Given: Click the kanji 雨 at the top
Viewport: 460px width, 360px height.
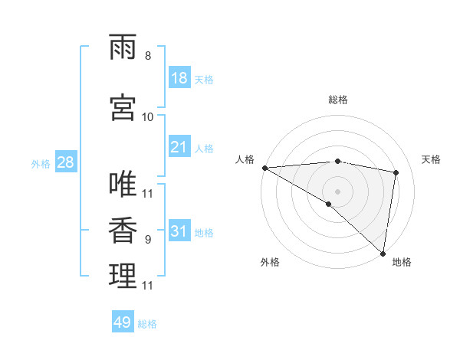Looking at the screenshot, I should [x=123, y=47].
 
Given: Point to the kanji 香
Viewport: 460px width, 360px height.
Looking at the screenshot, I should [x=123, y=230].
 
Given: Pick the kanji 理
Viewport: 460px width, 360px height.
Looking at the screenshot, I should [x=123, y=276].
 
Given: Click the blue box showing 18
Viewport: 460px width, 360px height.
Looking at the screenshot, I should [x=179, y=78].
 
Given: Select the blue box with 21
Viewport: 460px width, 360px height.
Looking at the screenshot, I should [x=179, y=147].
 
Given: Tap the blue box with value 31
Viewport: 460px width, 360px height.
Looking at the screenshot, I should [x=179, y=231].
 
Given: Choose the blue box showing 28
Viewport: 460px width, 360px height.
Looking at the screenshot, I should [x=65, y=162].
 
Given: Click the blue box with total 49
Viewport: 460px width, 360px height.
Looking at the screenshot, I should [x=123, y=322].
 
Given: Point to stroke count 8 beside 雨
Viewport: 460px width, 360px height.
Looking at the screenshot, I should [x=148, y=56].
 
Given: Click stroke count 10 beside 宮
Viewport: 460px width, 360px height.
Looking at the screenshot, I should [x=148, y=116].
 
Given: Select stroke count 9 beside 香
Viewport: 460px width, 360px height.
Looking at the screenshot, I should [x=148, y=239].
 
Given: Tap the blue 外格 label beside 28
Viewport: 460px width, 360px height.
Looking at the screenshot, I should [x=40, y=163].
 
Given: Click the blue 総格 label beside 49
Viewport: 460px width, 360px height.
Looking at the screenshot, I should [x=147, y=323].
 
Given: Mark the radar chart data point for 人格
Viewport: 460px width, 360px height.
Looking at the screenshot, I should [x=264, y=168].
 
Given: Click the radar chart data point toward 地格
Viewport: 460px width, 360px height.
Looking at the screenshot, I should [x=383, y=254].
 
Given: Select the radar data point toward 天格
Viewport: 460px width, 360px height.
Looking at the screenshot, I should [x=396, y=172].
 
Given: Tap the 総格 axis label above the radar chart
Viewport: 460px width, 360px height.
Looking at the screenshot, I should [x=338, y=100].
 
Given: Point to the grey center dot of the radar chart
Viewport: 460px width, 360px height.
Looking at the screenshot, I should [x=337, y=191].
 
